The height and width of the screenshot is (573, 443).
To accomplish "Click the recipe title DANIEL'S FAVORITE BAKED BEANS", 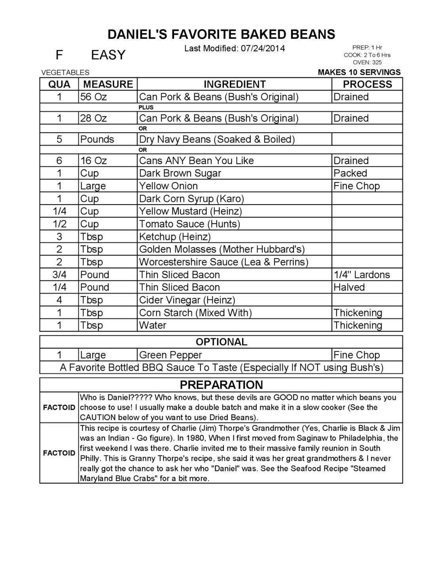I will pyautogui.click(x=221, y=34).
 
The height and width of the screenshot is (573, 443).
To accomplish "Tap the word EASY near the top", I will pyautogui.click(x=108, y=55).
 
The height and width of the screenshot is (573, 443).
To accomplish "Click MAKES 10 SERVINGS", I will pyautogui.click(x=359, y=72).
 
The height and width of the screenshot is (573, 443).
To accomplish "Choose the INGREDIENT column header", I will pyautogui.click(x=235, y=84).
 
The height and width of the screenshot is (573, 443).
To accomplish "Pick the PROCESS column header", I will pyautogui.click(x=367, y=84).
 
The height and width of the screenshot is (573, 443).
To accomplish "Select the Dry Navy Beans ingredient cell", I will pyautogui.click(x=217, y=139).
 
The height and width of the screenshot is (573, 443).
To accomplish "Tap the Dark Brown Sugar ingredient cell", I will pyautogui.click(x=180, y=173).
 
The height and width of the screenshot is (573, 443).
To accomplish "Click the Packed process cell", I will pyautogui.click(x=350, y=173).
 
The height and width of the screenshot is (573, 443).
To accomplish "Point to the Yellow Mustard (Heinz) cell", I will pyautogui.click(x=190, y=211).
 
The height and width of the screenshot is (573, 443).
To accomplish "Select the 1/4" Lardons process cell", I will pyautogui.click(x=362, y=274).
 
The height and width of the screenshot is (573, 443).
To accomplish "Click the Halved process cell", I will pyautogui.click(x=349, y=287).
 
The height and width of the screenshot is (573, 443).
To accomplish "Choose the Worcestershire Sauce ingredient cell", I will pyautogui.click(x=223, y=262).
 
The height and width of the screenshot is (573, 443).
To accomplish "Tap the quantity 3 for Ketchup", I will pyautogui.click(x=59, y=237).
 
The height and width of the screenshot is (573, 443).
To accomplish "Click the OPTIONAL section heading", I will pyautogui.click(x=221, y=342).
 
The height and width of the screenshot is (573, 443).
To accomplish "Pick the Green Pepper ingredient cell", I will pyautogui.click(x=170, y=355).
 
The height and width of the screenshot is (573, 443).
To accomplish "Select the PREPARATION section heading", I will pyautogui.click(x=221, y=385).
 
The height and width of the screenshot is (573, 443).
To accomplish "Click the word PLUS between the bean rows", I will pyautogui.click(x=146, y=107).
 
